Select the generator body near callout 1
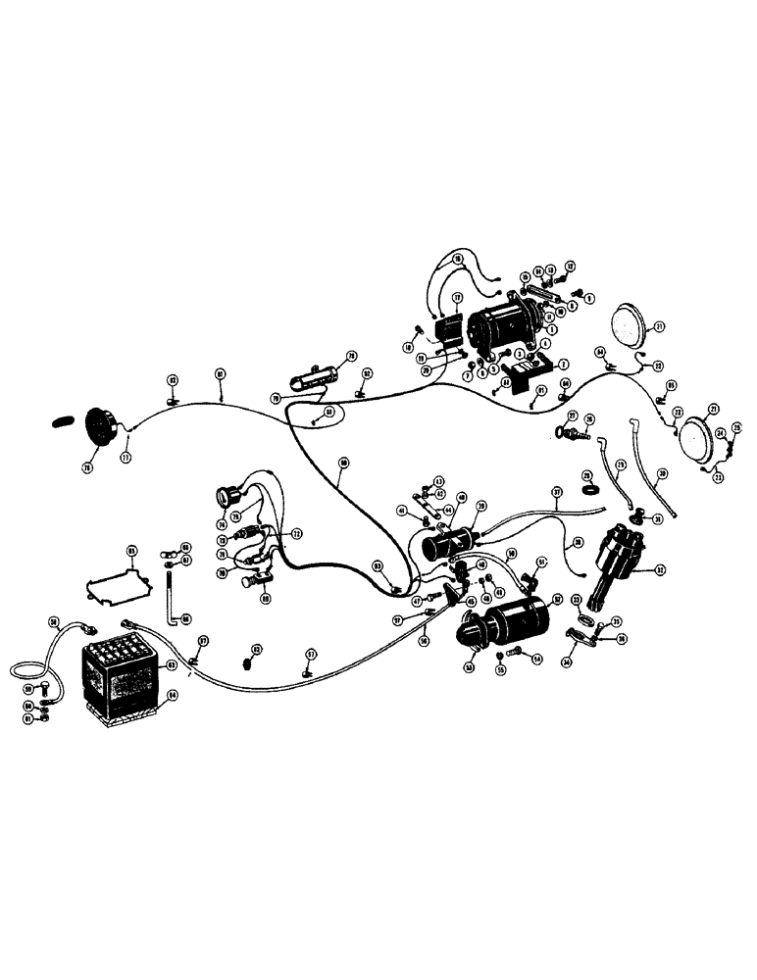click(x=505, y=328)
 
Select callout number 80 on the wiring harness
click(x=343, y=462)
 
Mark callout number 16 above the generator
click(x=457, y=260)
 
